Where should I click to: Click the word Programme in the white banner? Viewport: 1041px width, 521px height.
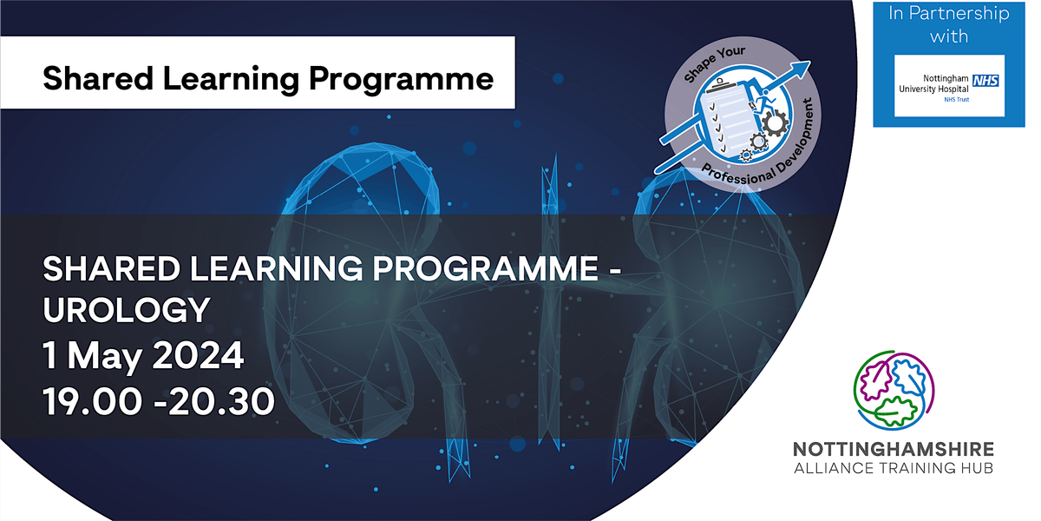(401, 79)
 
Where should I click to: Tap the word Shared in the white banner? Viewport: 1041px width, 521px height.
(98, 78)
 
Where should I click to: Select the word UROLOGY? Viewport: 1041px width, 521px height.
(127, 310)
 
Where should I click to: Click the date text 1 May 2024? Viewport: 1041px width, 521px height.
(143, 355)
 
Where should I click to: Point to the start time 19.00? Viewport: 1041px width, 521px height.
(93, 401)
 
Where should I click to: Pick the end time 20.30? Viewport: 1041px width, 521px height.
(221, 401)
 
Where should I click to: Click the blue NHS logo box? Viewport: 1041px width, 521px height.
(985, 81)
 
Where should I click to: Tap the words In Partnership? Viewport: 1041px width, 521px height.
(948, 14)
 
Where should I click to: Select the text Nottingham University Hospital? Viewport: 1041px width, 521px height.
(933, 83)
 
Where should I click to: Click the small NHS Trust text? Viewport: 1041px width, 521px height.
(956, 100)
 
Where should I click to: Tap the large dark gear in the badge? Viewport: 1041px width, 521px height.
(776, 122)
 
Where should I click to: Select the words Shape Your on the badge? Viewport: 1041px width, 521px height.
(714, 63)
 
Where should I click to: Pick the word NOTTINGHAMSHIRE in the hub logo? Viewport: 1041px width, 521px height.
(894, 450)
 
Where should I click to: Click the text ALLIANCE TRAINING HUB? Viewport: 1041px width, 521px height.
(894, 468)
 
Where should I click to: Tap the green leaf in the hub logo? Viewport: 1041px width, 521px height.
(894, 412)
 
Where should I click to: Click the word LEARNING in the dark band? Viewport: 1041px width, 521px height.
(277, 269)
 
